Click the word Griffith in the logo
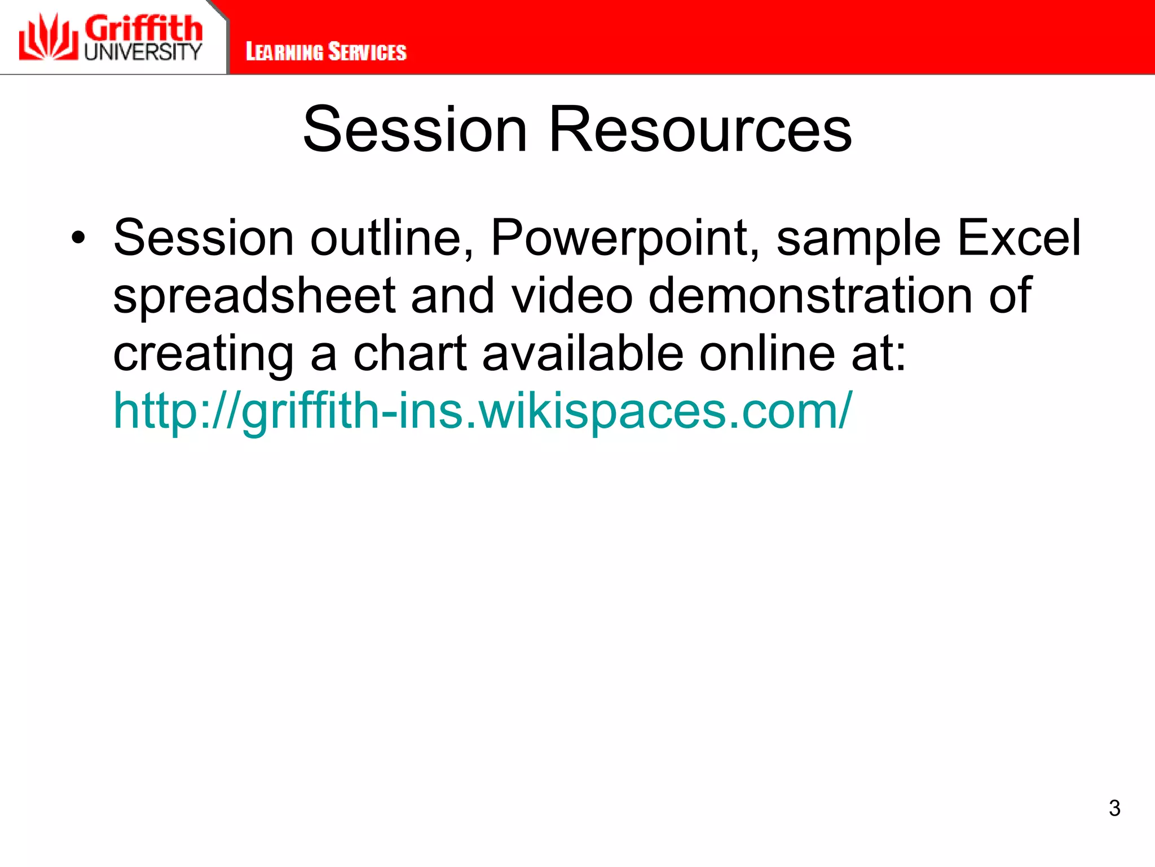[143, 28]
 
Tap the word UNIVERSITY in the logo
[143, 52]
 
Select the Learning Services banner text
[326, 52]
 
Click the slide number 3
[1114, 808]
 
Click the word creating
[204, 354]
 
